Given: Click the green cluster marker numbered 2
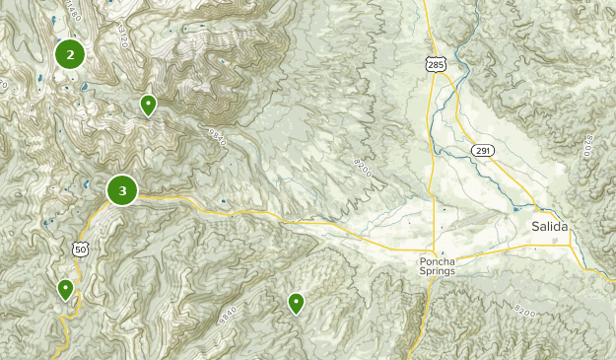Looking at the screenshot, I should pos(69,54).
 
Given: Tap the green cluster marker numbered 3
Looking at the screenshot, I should pos(122,190).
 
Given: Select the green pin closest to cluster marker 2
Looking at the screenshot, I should pos(148,104).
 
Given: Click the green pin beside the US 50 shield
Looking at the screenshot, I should pos(65,289).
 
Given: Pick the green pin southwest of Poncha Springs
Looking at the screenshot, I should pos(296,303).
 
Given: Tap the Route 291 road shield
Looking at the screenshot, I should pos(482,150).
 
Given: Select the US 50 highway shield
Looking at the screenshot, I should pos(80,248).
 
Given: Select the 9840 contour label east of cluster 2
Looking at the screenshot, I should pos(216,135).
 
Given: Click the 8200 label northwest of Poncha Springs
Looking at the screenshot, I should pos(364,170).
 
